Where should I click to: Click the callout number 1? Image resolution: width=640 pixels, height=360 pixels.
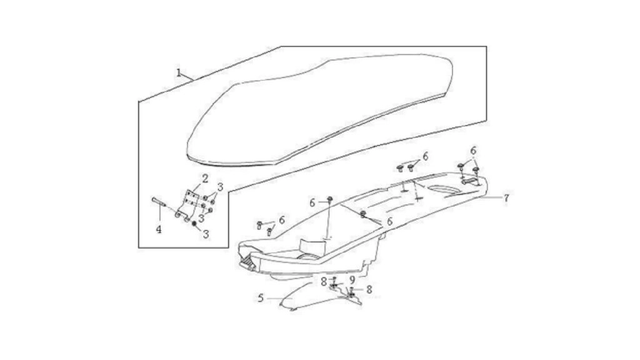click(179, 72)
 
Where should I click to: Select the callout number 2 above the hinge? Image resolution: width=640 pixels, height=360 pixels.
click(205, 178)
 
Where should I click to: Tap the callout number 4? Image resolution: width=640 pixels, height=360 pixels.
click(158, 229)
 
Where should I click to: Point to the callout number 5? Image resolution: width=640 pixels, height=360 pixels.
click(261, 298)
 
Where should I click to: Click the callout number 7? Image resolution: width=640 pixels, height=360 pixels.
click(506, 198)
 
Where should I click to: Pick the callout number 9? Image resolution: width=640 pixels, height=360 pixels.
click(351, 281)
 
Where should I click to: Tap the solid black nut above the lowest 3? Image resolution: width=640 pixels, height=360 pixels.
click(194, 224)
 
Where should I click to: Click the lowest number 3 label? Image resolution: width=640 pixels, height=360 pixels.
click(206, 234)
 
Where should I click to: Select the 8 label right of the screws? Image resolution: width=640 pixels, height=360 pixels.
click(369, 289)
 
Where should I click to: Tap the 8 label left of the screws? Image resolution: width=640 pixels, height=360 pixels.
click(324, 282)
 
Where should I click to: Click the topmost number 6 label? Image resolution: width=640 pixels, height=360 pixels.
click(473, 151)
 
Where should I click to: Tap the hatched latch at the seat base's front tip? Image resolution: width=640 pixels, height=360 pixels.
click(247, 261)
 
